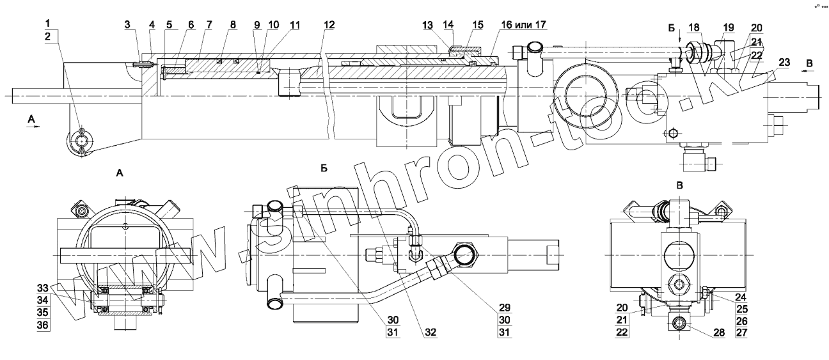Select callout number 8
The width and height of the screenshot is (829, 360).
[233, 25]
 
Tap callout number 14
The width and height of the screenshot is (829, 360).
[448, 25]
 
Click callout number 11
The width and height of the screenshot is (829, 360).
[276, 25]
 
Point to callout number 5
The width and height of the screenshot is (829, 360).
[168, 25]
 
